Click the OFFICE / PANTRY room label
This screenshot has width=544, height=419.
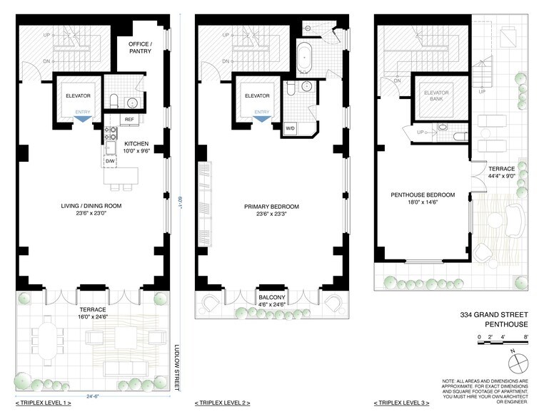click(143, 48)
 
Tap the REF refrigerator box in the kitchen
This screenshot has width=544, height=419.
click(130, 119)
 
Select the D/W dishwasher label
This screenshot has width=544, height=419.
click(111, 161)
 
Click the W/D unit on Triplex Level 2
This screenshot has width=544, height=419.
click(291, 129)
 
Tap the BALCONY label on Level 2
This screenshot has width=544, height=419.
click(271, 300)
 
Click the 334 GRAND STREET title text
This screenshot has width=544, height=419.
click(493, 314)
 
